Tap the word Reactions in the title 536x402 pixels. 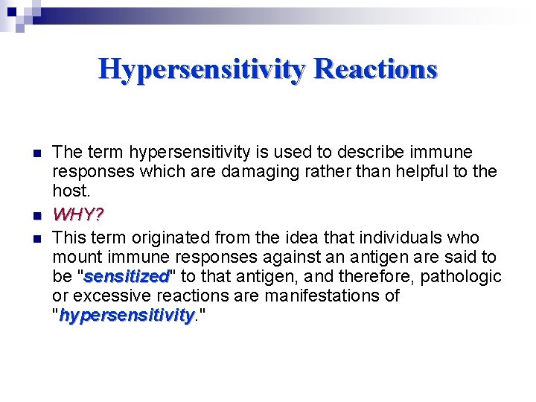(376, 69)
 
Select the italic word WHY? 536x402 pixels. (78, 215)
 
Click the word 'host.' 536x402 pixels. (71, 191)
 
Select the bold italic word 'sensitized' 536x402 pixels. (127, 277)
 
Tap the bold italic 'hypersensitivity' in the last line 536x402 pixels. (126, 316)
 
